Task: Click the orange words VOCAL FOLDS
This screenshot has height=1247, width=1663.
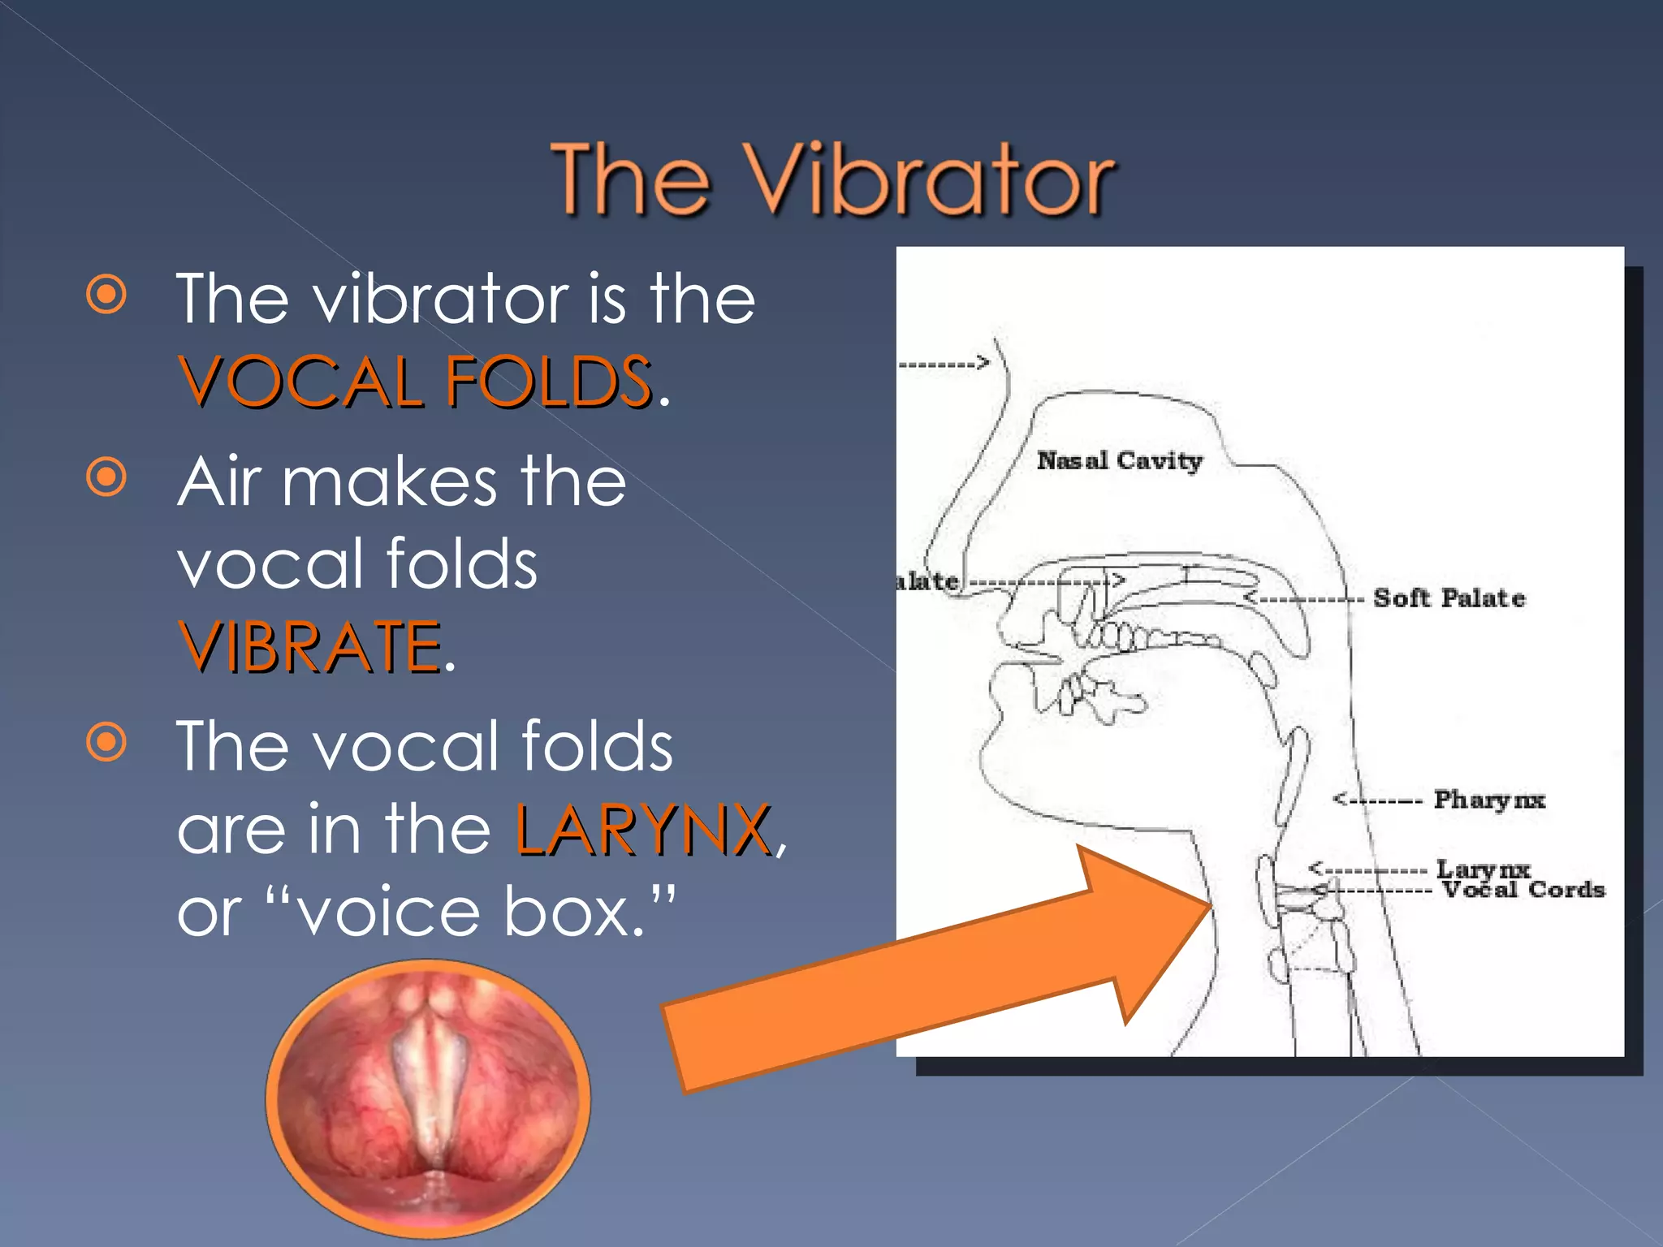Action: (416, 382)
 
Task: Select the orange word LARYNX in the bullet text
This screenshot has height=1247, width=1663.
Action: (643, 830)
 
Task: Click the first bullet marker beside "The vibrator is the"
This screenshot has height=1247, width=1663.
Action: (107, 294)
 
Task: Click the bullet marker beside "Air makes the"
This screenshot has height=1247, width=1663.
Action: (107, 477)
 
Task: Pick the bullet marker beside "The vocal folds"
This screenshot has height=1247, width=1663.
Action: (107, 742)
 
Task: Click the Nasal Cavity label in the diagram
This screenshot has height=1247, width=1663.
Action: (1119, 461)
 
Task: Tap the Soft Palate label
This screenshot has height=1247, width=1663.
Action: (1449, 598)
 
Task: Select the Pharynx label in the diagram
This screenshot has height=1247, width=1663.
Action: (1489, 800)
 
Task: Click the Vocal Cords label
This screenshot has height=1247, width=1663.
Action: (1523, 891)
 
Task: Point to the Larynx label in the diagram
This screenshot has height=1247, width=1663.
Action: (1483, 869)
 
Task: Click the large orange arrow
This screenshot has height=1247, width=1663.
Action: (934, 974)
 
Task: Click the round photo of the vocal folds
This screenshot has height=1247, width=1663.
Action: (428, 1098)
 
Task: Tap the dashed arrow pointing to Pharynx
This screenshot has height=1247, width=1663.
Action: (1377, 800)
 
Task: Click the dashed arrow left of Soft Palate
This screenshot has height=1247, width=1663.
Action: (1304, 599)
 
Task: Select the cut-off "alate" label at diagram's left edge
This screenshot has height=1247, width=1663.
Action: (927, 581)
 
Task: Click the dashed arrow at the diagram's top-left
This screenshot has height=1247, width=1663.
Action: (944, 364)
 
